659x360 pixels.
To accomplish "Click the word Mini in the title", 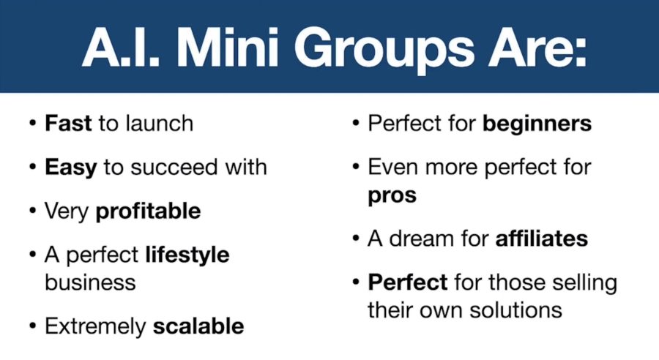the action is (x=228, y=47).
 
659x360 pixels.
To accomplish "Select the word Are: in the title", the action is (x=537, y=47).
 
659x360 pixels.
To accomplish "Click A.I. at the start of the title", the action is (x=122, y=47).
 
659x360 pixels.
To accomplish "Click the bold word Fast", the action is (x=68, y=123).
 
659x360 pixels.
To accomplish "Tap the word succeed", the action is (x=174, y=167).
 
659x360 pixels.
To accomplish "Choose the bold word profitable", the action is (x=148, y=211).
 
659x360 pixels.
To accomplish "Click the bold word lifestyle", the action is (x=187, y=255).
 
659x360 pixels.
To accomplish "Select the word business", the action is (x=90, y=282).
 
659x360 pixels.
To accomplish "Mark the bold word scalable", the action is (x=198, y=326).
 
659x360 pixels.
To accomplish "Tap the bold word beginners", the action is (x=537, y=124).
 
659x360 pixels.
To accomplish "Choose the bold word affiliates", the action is (x=542, y=239).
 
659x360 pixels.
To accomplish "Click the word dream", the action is (x=422, y=239).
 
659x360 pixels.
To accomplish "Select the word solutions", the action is (x=515, y=310).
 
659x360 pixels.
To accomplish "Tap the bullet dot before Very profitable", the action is (x=33, y=211).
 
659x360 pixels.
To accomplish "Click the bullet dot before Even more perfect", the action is (x=356, y=167).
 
